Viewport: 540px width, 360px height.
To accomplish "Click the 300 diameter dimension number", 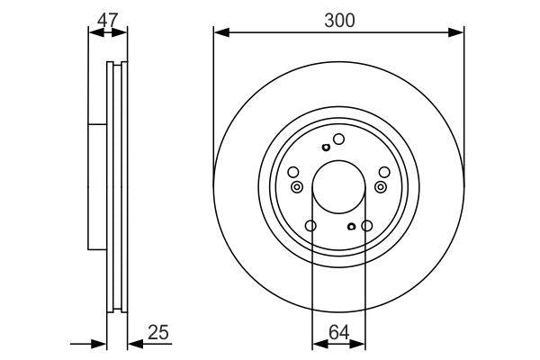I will (x=338, y=20).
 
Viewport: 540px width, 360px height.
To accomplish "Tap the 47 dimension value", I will (x=107, y=20).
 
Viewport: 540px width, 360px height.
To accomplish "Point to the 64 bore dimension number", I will (x=338, y=334).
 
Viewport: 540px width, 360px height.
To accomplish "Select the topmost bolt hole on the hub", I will (x=339, y=139).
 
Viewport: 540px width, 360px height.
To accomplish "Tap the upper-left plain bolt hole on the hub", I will (x=292, y=172).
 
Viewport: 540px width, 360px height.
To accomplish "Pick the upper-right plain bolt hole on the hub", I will (x=384, y=172).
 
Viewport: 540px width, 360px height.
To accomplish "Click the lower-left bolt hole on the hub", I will (x=310, y=226).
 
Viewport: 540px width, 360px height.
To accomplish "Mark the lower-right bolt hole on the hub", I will (x=366, y=226).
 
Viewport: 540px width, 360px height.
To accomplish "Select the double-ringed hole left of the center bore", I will (x=297, y=186).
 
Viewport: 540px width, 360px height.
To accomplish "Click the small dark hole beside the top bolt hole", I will (x=325, y=148).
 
